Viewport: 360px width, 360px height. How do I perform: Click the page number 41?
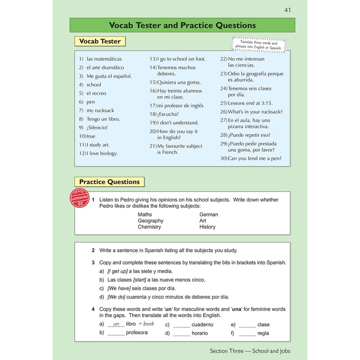[x=288, y=10]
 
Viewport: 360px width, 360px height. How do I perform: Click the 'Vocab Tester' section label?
[x=100, y=41]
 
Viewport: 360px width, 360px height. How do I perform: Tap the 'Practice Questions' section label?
[x=109, y=182]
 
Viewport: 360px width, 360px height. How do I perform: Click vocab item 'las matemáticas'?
[x=104, y=59]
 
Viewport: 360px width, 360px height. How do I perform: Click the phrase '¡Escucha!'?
[x=168, y=114]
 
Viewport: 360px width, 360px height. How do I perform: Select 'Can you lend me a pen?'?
[x=254, y=158]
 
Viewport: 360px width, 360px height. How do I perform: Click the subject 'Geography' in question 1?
[x=150, y=221]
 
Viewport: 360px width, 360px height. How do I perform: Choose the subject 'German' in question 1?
[x=208, y=215]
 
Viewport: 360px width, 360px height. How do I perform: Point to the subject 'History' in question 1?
[x=207, y=227]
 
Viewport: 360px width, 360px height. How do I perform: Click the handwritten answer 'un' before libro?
[x=116, y=324]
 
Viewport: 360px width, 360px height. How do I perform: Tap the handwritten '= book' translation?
[x=146, y=324]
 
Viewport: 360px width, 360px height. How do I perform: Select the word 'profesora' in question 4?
[x=137, y=333]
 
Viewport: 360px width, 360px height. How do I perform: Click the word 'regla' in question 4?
[x=263, y=333]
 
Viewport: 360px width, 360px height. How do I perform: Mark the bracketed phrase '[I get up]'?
[x=117, y=271]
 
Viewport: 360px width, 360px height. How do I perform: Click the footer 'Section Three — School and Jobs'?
[x=252, y=351]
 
